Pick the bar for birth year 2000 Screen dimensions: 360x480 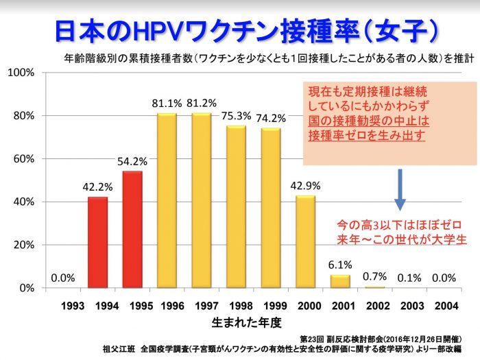coord(306,241)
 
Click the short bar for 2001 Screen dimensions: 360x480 coord(340,281)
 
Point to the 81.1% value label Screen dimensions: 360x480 coord(167,104)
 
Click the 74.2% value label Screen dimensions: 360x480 coord(272,119)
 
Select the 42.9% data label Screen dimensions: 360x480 coord(306,186)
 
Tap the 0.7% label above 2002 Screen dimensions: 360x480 coord(374,276)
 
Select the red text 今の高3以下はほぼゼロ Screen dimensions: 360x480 coord(398,225)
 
